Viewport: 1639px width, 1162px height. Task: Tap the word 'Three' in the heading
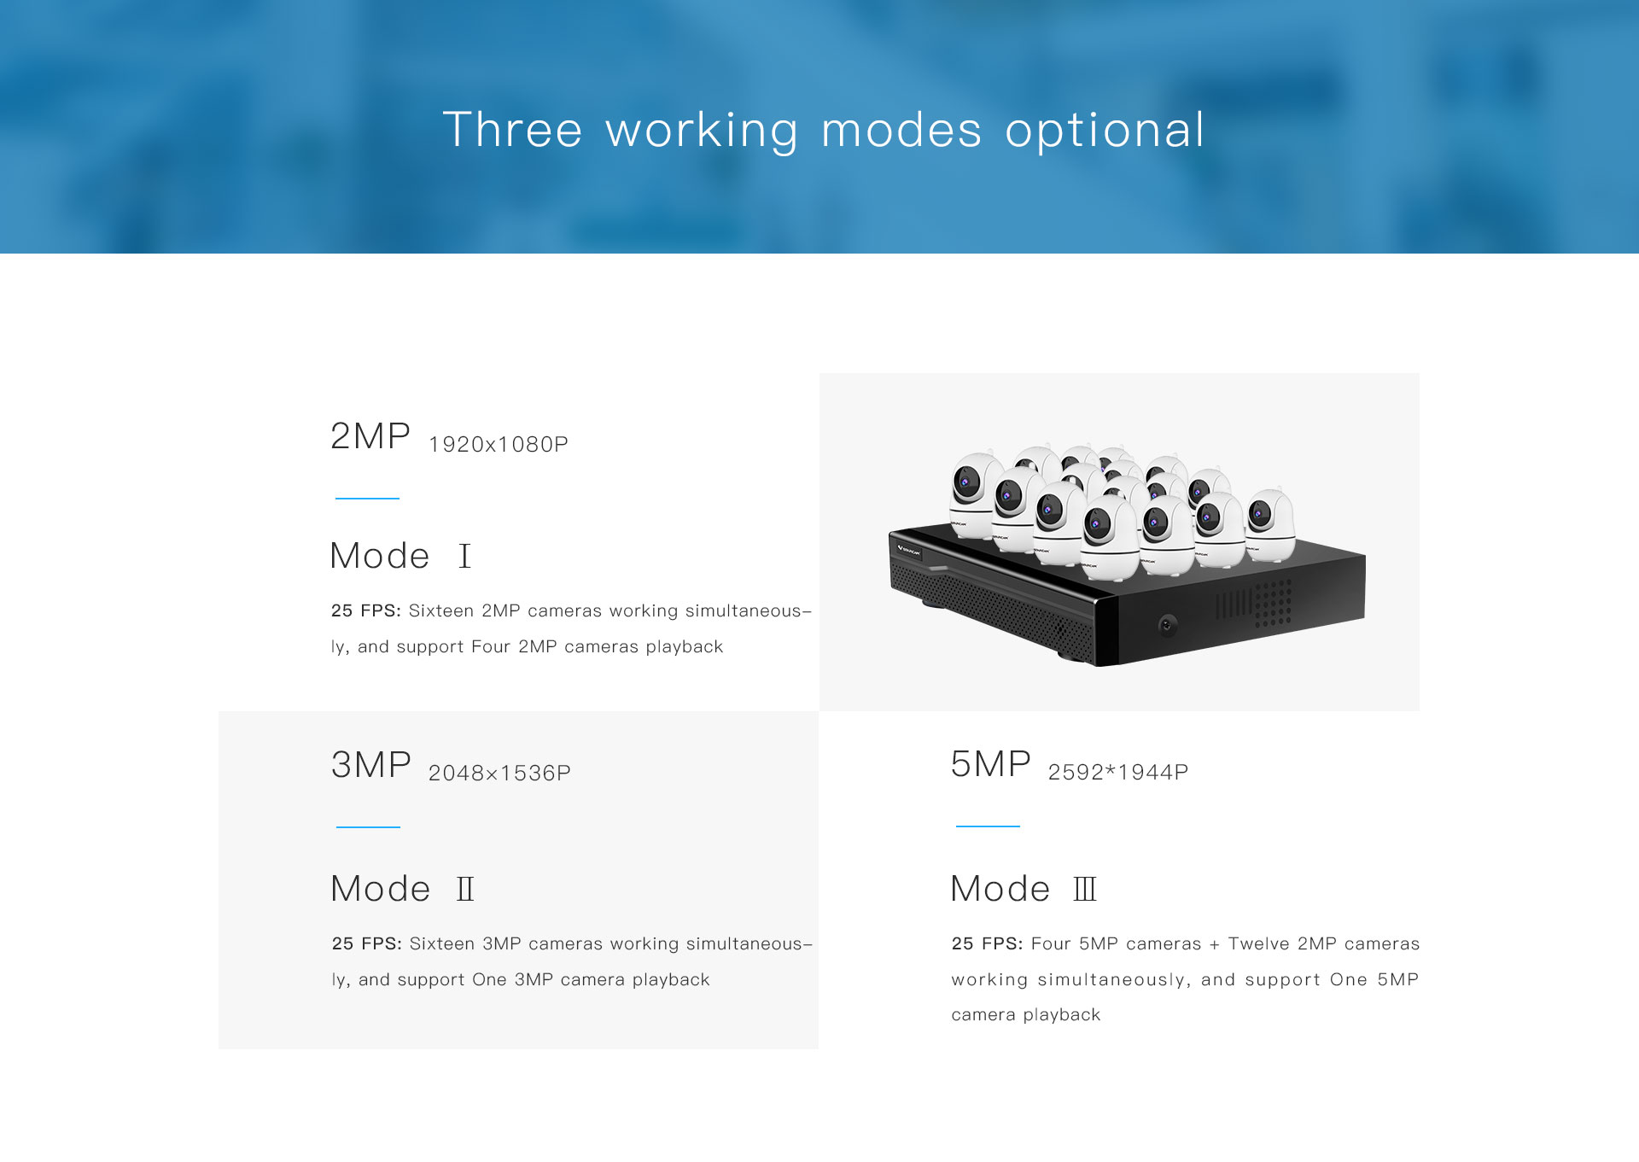[x=512, y=130]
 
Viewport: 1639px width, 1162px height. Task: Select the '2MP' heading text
[x=370, y=436]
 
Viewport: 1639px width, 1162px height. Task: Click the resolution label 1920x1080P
[x=499, y=445]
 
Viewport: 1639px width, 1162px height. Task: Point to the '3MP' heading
[x=371, y=765]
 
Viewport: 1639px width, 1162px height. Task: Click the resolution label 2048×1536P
[x=499, y=774]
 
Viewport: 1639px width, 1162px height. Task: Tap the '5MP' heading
[x=991, y=764]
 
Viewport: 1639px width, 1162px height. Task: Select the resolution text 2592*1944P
[x=1118, y=773]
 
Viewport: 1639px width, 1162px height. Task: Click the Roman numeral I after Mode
[x=464, y=557]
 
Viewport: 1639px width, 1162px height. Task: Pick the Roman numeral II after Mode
[x=465, y=890]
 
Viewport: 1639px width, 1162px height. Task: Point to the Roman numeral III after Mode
[x=1085, y=890]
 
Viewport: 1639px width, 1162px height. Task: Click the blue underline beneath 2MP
[x=367, y=499]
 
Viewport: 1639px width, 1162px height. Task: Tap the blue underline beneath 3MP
[x=368, y=827]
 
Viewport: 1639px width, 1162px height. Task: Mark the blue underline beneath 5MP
[x=988, y=826]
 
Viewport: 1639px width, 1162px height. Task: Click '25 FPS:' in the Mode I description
[x=366, y=611]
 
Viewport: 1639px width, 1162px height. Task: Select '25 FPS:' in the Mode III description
[x=987, y=944]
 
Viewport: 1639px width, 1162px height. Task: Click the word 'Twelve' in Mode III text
[x=1258, y=944]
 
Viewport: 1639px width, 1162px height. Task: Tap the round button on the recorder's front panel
[x=1168, y=625]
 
